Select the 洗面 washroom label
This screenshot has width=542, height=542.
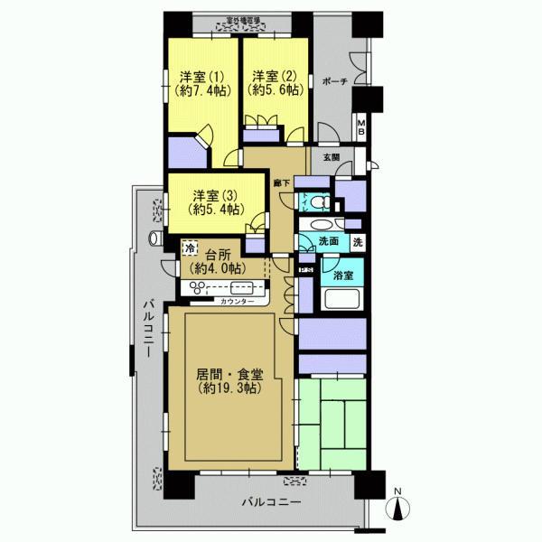[328, 242]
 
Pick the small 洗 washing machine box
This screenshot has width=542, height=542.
[358, 242]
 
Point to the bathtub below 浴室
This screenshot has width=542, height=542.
[342, 301]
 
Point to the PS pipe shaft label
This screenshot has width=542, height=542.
[306, 268]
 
